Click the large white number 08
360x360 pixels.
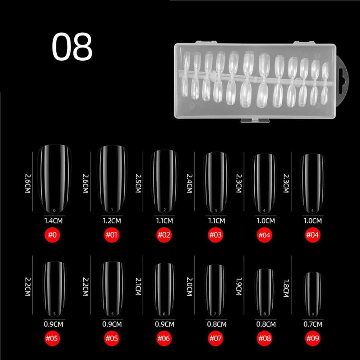[72, 46]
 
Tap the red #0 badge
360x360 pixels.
[52, 235]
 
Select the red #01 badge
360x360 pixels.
[112, 235]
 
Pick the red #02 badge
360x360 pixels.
[164, 235]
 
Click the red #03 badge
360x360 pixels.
[216, 235]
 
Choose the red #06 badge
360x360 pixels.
[164, 338]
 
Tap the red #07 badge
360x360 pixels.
[216, 338]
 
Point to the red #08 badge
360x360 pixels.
[264, 338]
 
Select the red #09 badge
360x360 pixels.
[313, 338]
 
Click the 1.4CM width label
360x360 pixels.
[54, 221]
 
